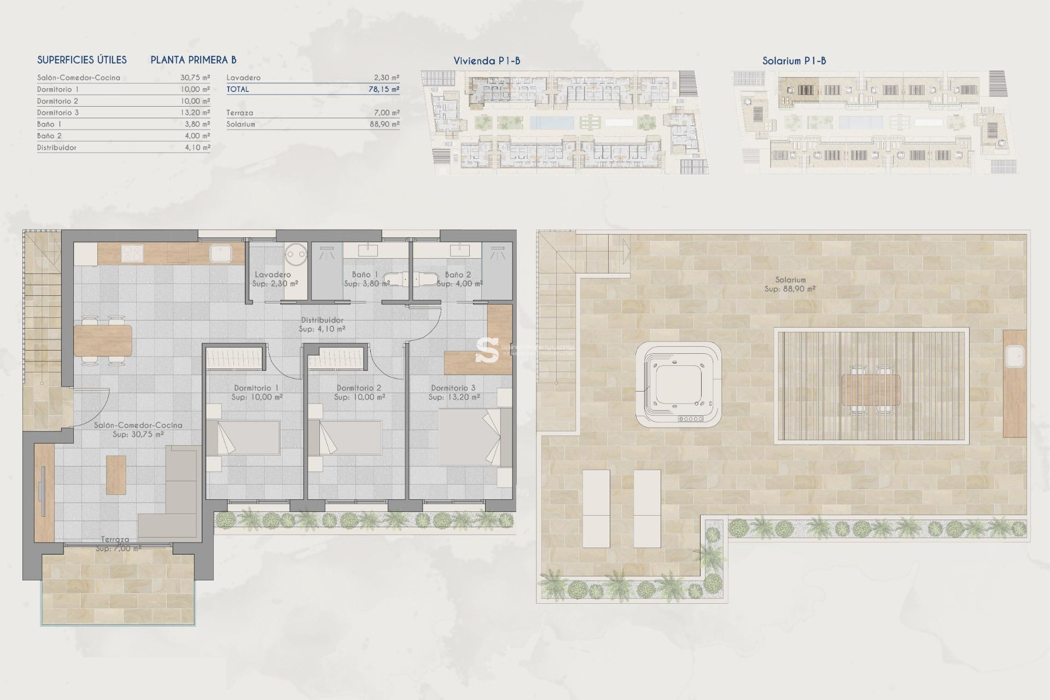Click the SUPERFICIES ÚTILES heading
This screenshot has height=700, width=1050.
(81, 60)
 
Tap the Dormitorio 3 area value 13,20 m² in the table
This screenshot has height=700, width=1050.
(195, 113)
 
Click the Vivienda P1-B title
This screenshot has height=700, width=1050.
(486, 61)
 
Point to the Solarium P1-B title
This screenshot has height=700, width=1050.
(794, 61)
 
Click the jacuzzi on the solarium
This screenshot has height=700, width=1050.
(678, 385)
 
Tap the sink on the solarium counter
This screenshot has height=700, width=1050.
(1014, 357)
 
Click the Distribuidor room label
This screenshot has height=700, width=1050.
(322, 320)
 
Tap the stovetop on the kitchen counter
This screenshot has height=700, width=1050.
(132, 253)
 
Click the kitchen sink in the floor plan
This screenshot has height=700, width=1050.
(220, 254)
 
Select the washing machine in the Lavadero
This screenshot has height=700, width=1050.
(296, 254)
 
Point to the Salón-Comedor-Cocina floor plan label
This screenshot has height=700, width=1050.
(138, 425)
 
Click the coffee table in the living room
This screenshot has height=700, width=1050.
(116, 475)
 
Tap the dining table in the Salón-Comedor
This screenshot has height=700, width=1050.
(103, 341)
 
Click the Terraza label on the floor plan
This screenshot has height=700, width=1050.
(115, 539)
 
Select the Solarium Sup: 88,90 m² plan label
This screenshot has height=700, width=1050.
(790, 284)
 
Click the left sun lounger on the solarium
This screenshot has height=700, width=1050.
(596, 508)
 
